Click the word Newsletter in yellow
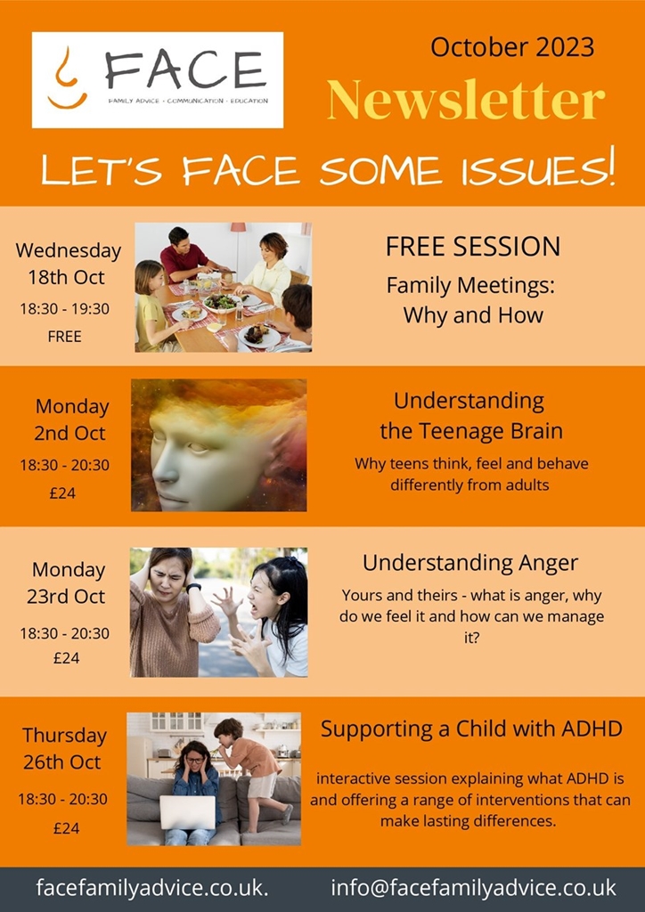pos(466,99)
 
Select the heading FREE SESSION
pos(473,247)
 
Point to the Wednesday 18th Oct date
pos(68,264)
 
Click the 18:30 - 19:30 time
pos(64,308)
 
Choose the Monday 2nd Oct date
pos(70,419)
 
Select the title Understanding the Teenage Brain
pos(471,416)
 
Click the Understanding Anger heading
pos(470,563)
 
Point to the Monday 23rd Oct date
pos(67,582)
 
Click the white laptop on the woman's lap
pos(187,812)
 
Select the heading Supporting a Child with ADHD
pos(471,729)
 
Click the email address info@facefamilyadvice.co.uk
pos(473,888)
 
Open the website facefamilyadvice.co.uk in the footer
pos(152,888)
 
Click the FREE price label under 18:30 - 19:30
pos(64,336)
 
